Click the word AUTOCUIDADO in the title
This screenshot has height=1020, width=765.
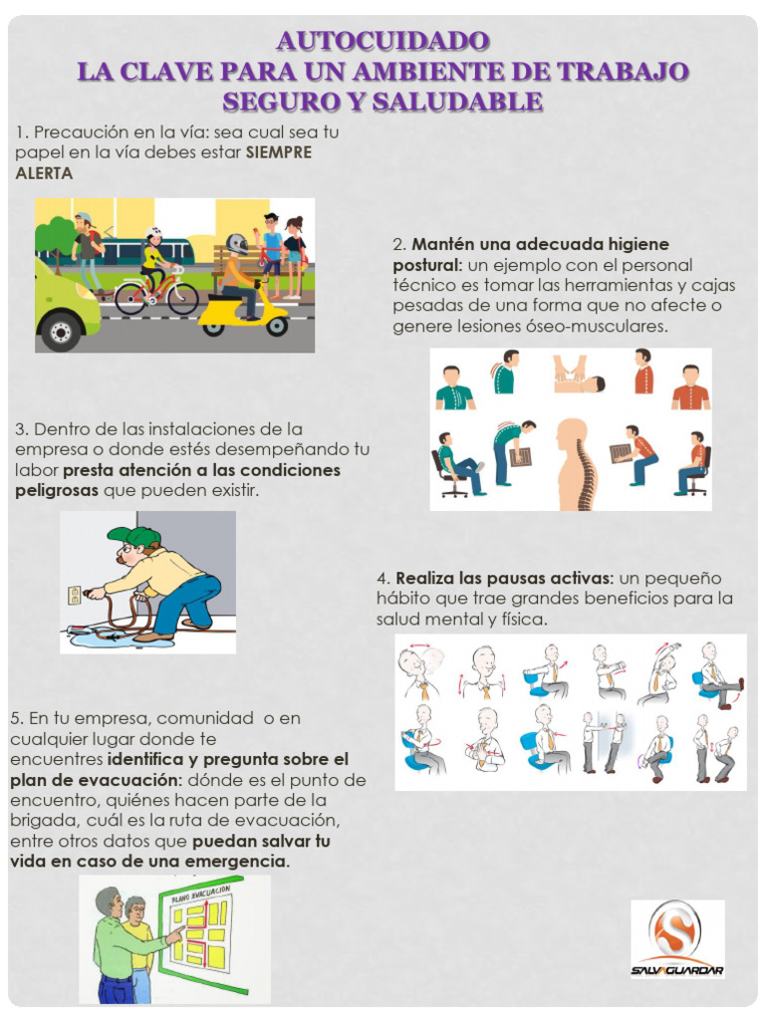pos(382,41)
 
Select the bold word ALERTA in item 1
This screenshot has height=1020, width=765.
pos(44,172)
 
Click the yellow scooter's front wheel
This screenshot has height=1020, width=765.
pos(276,326)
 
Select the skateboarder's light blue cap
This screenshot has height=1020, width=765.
pos(83,218)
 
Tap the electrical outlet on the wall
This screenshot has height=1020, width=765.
pos(74,596)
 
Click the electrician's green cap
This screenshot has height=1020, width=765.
pos(133,536)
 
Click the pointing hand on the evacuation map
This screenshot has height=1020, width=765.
pos(177,933)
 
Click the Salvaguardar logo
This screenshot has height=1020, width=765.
pos(677,937)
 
